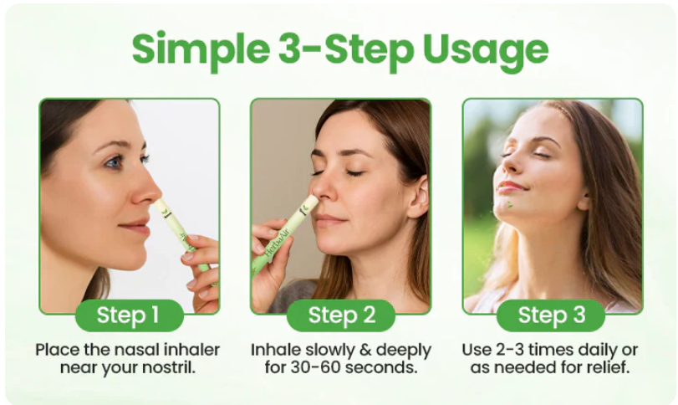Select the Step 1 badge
pos(130,315)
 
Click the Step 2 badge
pos(341,315)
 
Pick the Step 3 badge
pos(551,315)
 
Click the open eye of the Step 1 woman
pos(115,162)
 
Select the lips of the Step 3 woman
pos(510,187)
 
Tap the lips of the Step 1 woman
pos(134,227)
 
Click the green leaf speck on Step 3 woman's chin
pos(510,205)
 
